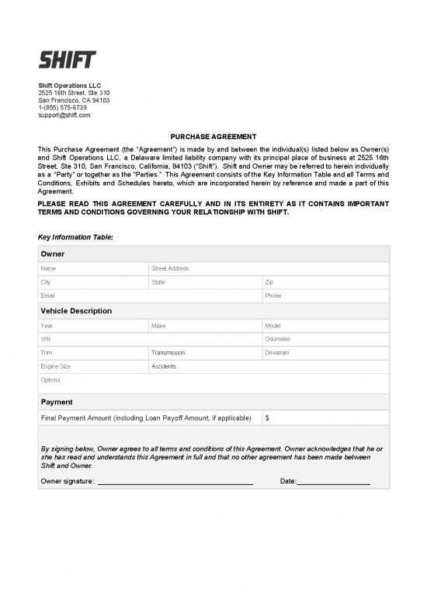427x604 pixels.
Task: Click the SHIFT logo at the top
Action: tap(68, 59)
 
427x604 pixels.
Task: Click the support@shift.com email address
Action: tap(64, 115)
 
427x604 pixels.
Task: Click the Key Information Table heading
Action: tap(75, 236)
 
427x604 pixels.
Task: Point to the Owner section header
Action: tap(53, 254)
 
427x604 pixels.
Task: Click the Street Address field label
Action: tap(170, 268)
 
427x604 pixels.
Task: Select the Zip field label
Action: tap(270, 282)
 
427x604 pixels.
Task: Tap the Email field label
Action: tap(49, 296)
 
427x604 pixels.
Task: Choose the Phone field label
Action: tap(273, 296)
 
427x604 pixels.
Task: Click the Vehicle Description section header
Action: tap(76, 311)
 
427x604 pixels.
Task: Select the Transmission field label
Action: tap(168, 353)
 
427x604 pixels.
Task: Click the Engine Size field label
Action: tap(55, 366)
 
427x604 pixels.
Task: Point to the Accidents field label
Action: tap(164, 366)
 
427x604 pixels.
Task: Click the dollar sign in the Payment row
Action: tap(268, 418)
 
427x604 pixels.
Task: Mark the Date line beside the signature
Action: tap(334, 481)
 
